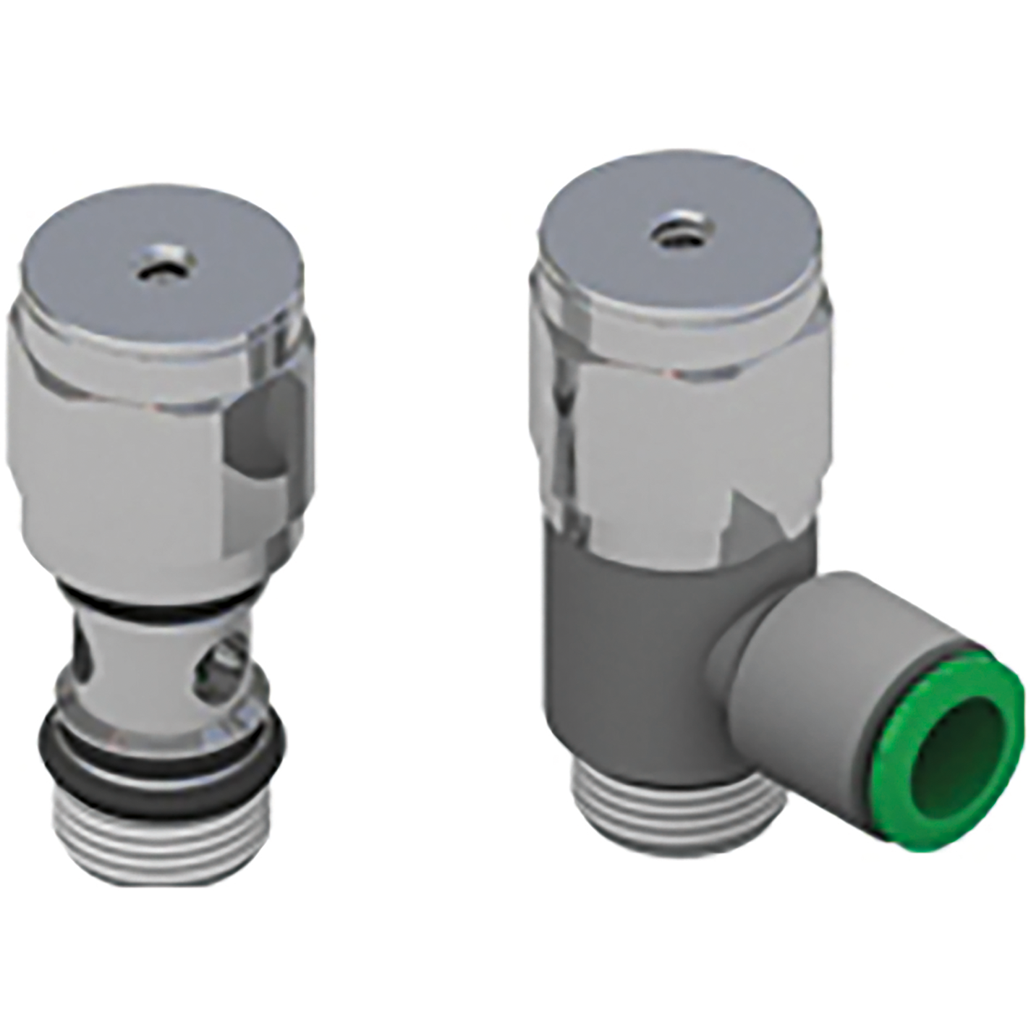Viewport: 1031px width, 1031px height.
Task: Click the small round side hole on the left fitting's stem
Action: coord(219,662)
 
